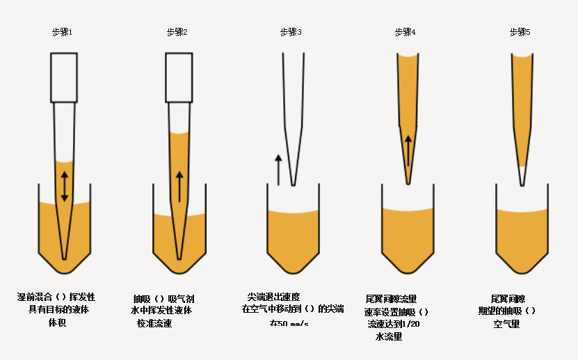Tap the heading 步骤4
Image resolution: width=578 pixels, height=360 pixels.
point(406,33)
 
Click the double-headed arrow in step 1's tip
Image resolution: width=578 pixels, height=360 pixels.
point(65,186)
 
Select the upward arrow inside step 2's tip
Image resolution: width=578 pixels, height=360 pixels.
point(179,186)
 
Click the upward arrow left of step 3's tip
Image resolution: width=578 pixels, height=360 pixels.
point(278,170)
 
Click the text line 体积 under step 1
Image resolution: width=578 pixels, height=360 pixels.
point(56,322)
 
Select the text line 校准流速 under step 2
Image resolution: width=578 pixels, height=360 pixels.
point(154,323)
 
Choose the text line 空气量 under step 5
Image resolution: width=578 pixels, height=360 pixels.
point(507,324)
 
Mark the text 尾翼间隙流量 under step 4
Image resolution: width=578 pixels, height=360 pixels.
point(391,298)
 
